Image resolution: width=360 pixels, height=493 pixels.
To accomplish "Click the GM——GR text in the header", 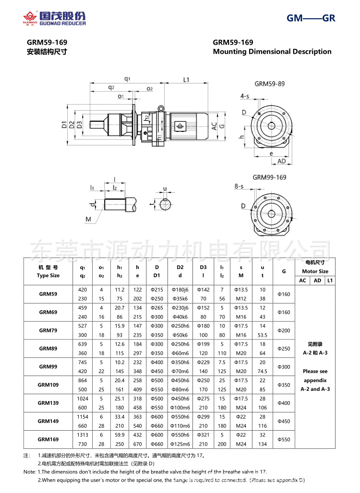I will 311,19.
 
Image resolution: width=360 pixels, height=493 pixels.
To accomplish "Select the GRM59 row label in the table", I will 48,294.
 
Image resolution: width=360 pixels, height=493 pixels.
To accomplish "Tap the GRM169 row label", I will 48,439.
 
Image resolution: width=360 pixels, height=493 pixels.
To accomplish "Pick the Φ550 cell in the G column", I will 284,439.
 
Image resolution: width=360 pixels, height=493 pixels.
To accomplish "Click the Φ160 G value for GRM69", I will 284,312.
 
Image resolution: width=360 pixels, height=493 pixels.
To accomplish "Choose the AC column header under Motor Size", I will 302,281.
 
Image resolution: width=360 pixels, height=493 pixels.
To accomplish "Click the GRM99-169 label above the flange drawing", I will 269,177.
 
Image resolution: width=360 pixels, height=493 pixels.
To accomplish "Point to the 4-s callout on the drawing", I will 244,96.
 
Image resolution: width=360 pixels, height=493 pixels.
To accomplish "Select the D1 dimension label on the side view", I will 64,125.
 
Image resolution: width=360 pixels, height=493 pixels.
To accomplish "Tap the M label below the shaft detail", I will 88,219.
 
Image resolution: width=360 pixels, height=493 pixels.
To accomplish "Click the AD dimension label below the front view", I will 282,162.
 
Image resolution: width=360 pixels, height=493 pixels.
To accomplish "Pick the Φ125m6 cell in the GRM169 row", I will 180,444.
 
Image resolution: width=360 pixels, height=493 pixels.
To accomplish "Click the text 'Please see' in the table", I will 315,371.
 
